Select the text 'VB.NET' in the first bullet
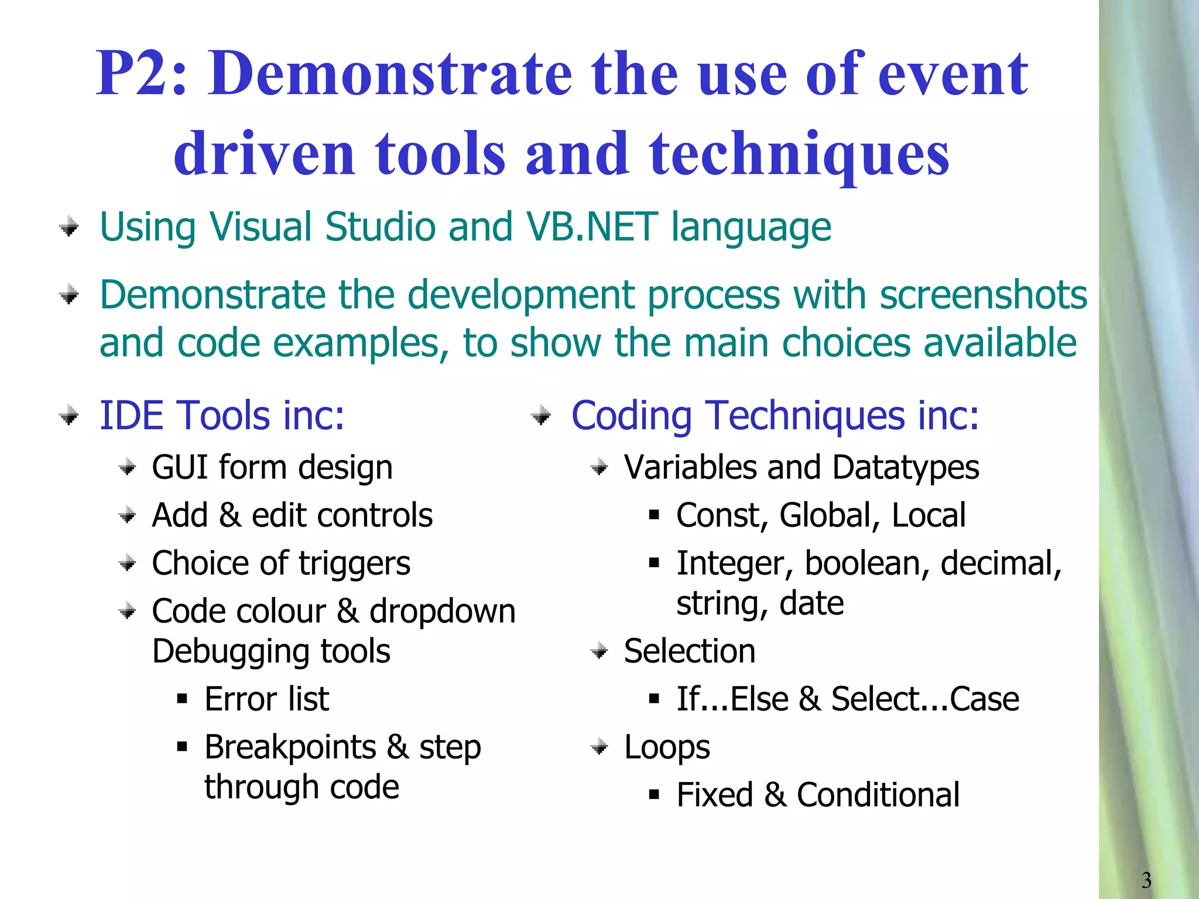click(591, 227)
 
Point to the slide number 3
click(1146, 880)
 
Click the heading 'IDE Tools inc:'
click(222, 416)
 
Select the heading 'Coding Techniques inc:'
click(775, 416)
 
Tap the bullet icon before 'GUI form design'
click(127, 468)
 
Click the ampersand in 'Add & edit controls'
click(229, 516)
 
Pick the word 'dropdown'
click(442, 612)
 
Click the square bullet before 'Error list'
click(182, 699)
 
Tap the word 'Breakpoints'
click(290, 747)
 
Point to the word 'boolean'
click(867, 564)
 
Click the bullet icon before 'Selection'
click(599, 651)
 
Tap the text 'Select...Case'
click(925, 699)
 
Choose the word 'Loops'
click(667, 747)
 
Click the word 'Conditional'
click(878, 795)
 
